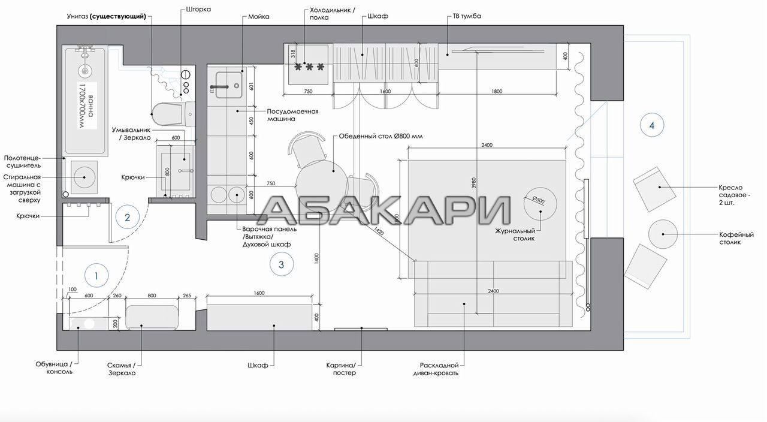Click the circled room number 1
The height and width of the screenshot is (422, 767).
pyautogui.click(x=96, y=275)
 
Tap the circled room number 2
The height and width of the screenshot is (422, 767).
pyautogui.click(x=128, y=217)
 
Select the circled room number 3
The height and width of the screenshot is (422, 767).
pyautogui.click(x=282, y=264)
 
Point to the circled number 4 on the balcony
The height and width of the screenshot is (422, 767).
pyautogui.click(x=652, y=125)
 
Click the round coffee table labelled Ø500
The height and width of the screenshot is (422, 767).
pyautogui.click(x=540, y=203)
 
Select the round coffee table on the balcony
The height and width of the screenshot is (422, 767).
pyautogui.click(x=663, y=234)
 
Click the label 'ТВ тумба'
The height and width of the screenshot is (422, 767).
pyautogui.click(x=467, y=16)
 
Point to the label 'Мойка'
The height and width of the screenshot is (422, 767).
pyautogui.click(x=258, y=16)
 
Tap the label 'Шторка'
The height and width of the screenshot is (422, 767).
pyautogui.click(x=198, y=9)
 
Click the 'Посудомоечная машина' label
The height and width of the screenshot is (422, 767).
pyautogui.click(x=292, y=115)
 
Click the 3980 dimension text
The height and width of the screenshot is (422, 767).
pyautogui.click(x=473, y=183)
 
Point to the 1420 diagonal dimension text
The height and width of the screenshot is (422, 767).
pyautogui.click(x=379, y=231)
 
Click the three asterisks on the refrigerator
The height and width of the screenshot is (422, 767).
pyautogui.click(x=309, y=67)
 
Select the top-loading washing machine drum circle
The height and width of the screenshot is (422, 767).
pyautogui.click(x=84, y=177)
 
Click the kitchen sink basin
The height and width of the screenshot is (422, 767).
pyautogui.click(x=229, y=85)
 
